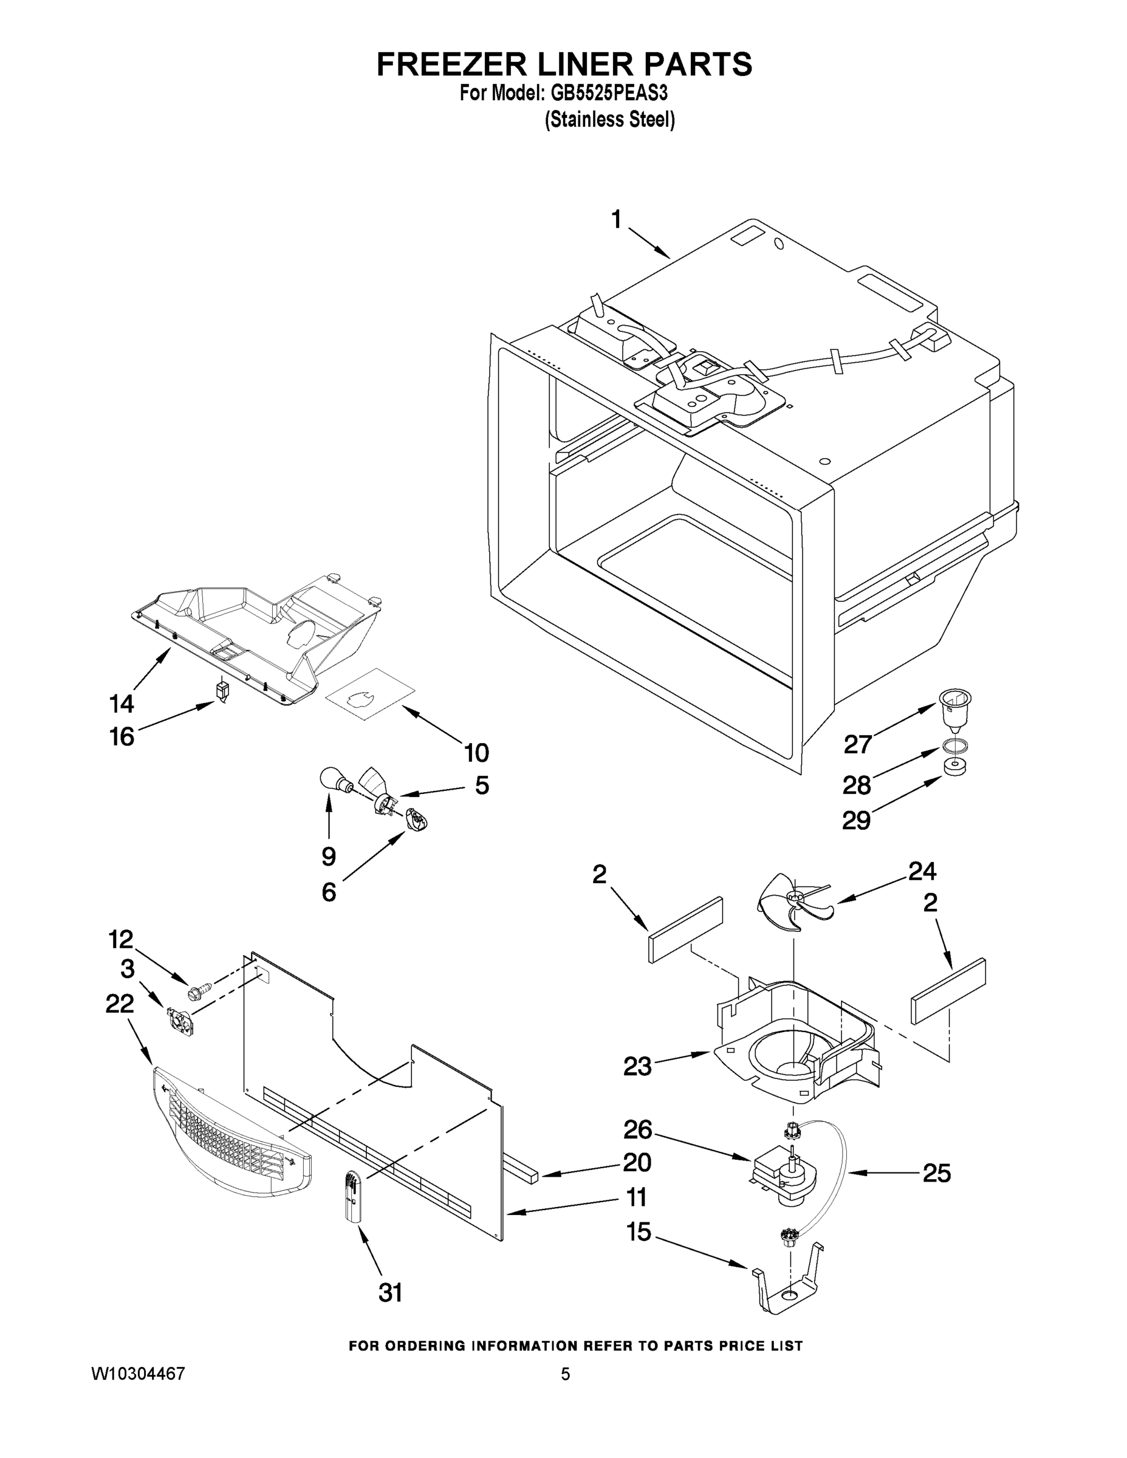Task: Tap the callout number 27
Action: click(x=858, y=744)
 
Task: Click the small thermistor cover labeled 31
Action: click(x=353, y=1200)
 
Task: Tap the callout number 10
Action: click(x=476, y=753)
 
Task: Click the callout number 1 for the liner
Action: click(x=616, y=219)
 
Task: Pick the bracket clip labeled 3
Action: click(x=181, y=1022)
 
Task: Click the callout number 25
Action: click(x=936, y=1173)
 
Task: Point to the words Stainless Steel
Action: click(x=609, y=120)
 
